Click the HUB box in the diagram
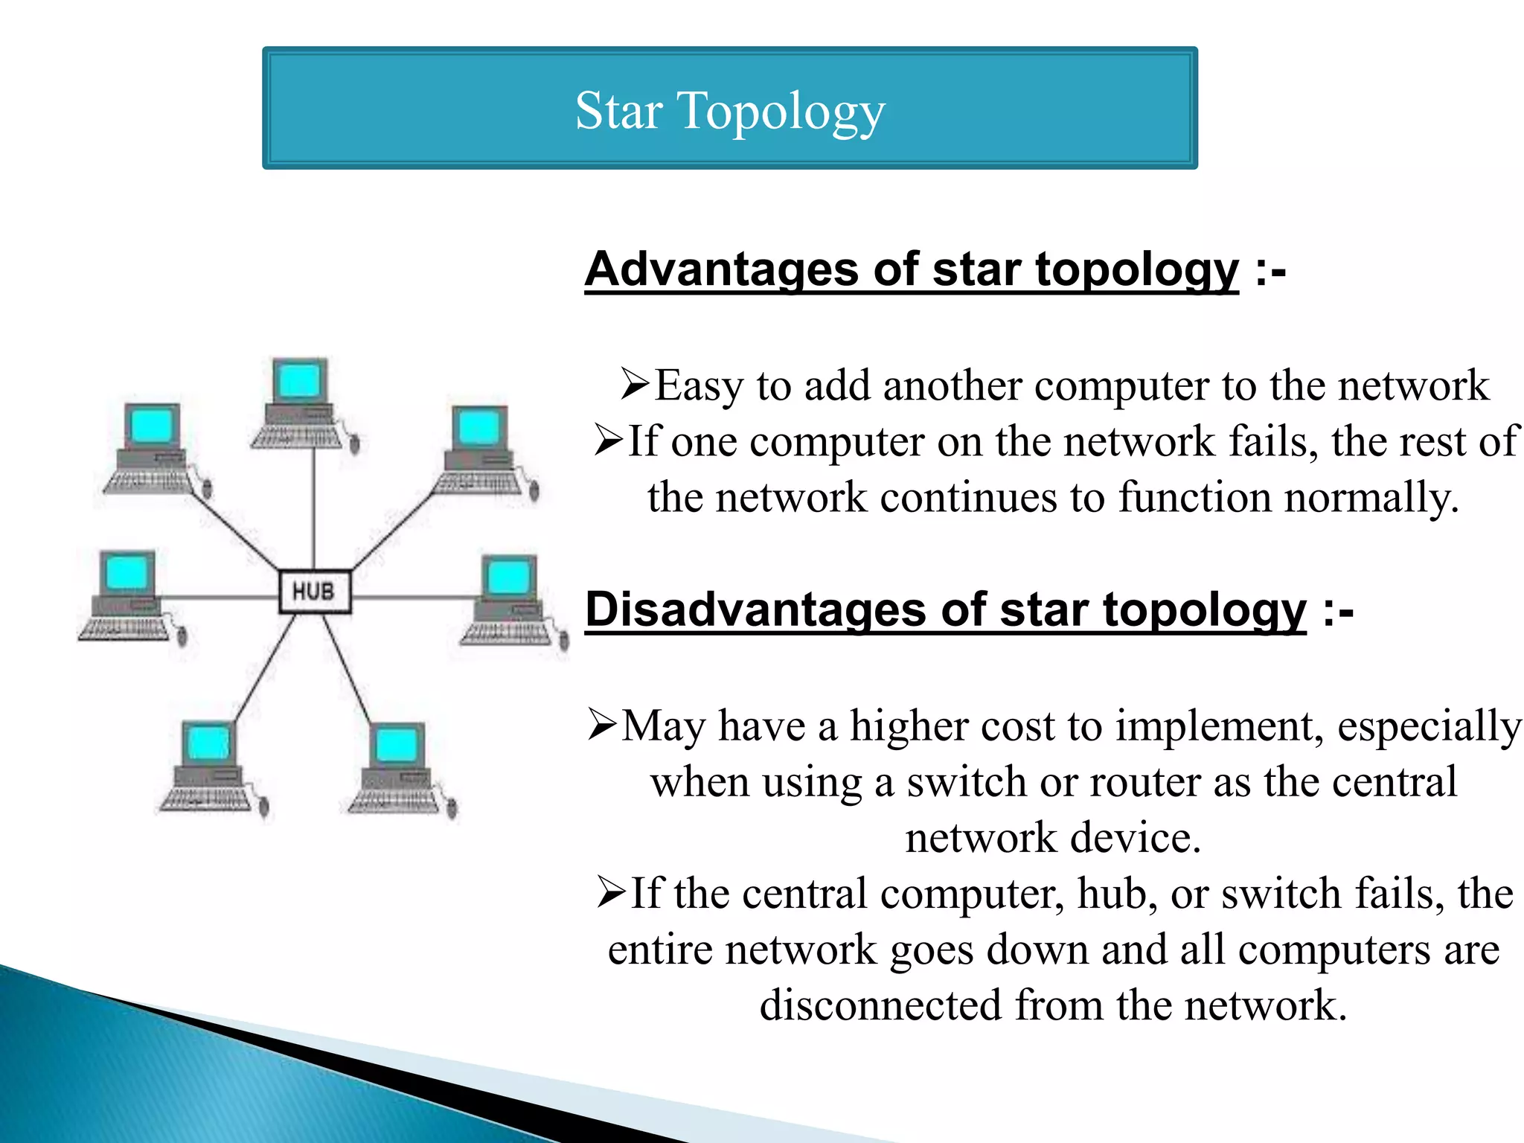(x=314, y=592)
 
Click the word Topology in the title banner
(x=781, y=112)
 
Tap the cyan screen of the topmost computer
(x=299, y=382)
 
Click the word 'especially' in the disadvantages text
(x=1429, y=726)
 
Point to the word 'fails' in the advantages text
(x=1272, y=441)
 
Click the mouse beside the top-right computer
(x=534, y=490)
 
